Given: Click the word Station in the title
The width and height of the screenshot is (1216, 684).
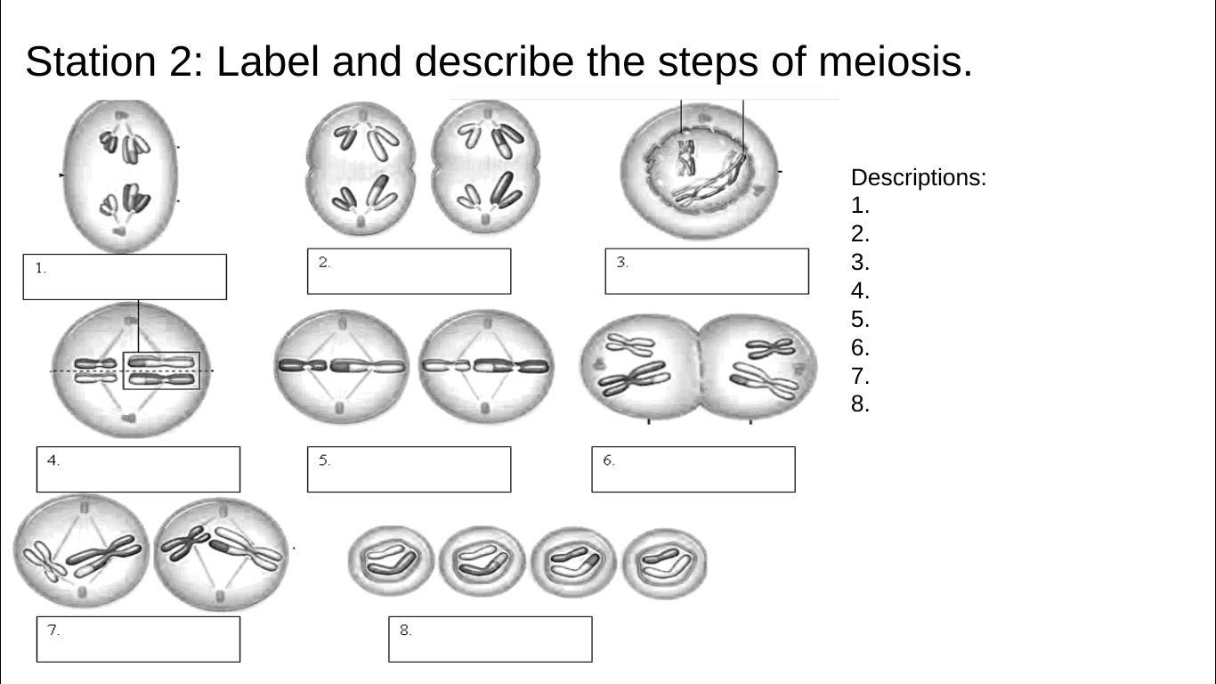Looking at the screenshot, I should point(90,62).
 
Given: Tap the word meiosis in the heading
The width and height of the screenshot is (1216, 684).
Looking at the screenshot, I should point(894,62).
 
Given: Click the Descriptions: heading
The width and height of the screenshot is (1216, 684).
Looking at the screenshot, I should point(918,177).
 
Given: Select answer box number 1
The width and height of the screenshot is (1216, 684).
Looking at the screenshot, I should point(125,277).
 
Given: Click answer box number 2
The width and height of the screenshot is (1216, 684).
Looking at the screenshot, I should point(409,272).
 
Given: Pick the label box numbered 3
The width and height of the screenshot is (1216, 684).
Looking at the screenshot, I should point(707,272).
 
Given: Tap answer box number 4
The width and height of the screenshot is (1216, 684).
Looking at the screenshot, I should point(138,469).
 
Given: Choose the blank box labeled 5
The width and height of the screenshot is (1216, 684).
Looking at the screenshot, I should point(409,469).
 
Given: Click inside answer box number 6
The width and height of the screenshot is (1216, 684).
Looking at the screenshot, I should point(693,469).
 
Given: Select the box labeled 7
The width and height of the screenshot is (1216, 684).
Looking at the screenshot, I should point(138,639).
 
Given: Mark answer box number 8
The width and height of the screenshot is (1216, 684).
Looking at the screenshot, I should point(490,639).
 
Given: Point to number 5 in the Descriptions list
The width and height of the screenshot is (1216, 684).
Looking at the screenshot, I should point(859,320).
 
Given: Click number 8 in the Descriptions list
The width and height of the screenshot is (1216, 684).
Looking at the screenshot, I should point(859,404).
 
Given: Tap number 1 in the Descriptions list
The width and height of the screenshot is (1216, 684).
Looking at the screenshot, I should point(859,206).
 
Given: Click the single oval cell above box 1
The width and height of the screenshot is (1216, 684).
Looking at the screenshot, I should point(122,175).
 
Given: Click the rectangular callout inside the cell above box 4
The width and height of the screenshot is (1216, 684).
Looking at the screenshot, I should point(161,370).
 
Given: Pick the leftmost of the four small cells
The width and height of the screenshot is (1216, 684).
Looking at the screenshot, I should point(390,561).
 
